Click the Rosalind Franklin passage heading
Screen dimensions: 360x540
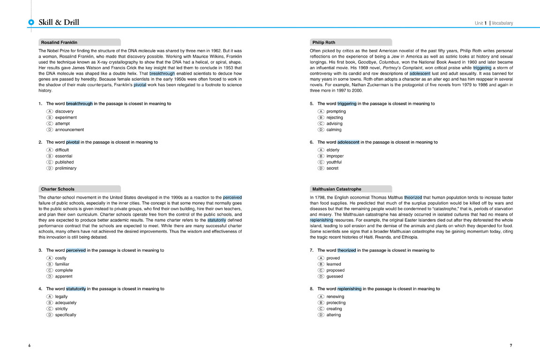(x=59, y=42)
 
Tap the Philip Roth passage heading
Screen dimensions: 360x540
(x=323, y=42)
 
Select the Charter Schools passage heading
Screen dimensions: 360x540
(x=58, y=189)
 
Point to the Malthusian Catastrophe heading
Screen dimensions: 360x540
(x=337, y=189)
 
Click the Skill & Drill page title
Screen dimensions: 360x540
(x=59, y=22)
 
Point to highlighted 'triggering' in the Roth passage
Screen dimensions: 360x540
(x=482, y=68)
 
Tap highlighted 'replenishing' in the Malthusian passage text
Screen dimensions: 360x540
(x=322, y=220)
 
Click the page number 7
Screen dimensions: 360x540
(x=511, y=345)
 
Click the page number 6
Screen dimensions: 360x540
(x=29, y=345)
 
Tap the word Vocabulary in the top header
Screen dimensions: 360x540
(x=502, y=23)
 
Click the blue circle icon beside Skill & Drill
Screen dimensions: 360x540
(x=31, y=22)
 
